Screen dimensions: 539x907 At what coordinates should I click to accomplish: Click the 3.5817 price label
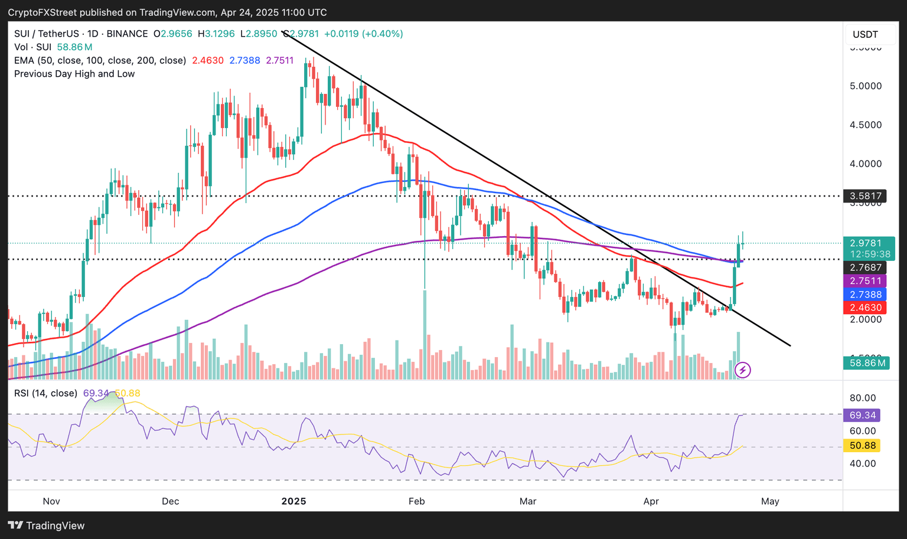coord(866,196)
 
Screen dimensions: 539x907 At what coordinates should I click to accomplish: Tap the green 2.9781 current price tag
coord(866,243)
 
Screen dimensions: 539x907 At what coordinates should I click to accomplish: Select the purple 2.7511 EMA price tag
coord(866,281)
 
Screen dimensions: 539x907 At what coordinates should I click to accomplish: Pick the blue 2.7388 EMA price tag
coord(866,295)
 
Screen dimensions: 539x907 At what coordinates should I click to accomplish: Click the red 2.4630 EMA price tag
coord(866,308)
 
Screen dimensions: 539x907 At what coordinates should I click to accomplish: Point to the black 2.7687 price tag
coord(866,268)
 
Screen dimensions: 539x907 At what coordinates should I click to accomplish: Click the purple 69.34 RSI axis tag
coord(863,416)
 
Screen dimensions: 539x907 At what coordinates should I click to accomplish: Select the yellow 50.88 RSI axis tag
coord(863,446)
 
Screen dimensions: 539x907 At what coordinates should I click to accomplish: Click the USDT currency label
coord(865,34)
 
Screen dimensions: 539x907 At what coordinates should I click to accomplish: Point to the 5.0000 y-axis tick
coord(865,86)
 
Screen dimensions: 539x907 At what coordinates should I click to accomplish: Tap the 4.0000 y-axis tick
coord(865,164)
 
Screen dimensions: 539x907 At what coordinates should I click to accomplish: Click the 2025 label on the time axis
coord(293,501)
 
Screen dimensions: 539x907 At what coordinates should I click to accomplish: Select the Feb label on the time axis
coord(416,501)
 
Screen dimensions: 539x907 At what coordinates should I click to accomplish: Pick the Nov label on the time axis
coord(51,501)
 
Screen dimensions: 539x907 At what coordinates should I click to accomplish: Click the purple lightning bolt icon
coord(742,370)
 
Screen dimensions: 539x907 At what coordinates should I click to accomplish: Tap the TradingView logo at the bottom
coord(47,525)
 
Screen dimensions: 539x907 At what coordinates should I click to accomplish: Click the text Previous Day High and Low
coord(74,74)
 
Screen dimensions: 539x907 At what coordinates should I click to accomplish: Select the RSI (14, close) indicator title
coord(45,393)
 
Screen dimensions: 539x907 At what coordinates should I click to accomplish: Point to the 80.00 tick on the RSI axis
coord(862,398)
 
